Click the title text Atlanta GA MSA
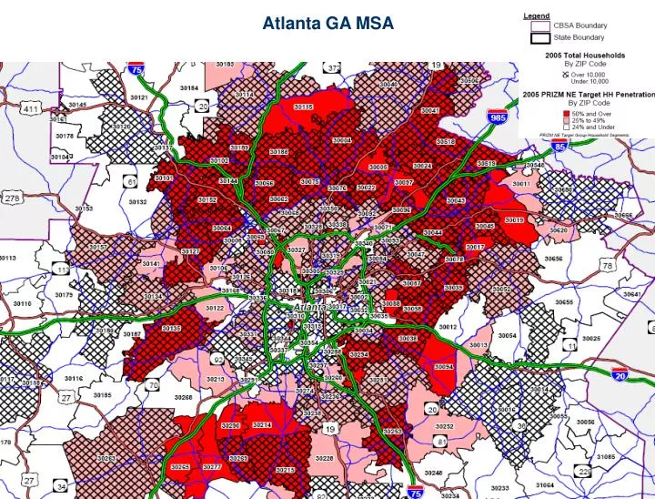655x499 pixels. click(327, 25)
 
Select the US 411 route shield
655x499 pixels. click(31, 110)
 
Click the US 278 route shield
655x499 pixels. click(13, 199)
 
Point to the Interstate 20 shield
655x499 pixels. click(620, 374)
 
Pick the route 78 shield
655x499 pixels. click(607, 266)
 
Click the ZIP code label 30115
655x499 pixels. click(303, 107)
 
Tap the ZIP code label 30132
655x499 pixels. click(137, 202)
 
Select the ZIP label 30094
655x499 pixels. click(444, 366)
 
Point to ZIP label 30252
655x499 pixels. click(444, 425)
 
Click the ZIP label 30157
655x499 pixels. click(97, 247)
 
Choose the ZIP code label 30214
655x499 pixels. click(262, 425)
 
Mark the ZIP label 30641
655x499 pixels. click(630, 294)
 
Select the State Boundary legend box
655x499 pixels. click(540, 38)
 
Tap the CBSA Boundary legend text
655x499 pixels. click(580, 25)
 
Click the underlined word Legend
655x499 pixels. click(536, 15)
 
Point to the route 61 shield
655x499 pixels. click(132, 180)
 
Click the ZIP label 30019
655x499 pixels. click(514, 219)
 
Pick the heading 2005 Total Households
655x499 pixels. click(585, 56)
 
